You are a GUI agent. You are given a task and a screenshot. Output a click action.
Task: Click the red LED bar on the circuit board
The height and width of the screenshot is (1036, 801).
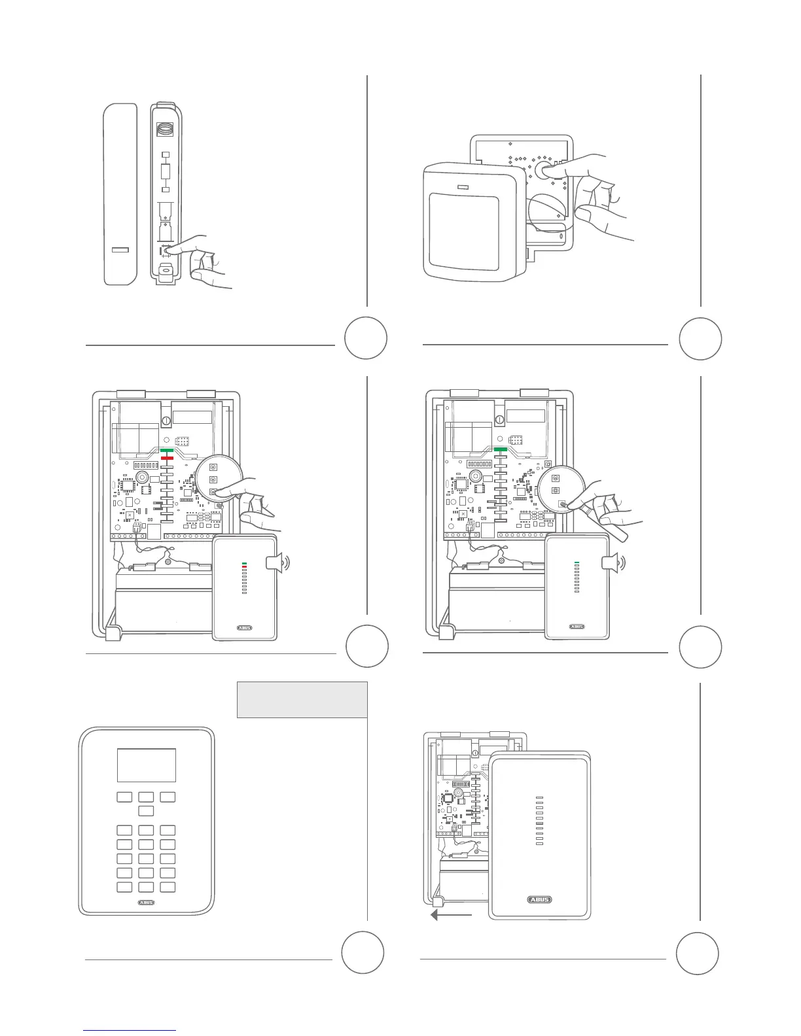coord(166,458)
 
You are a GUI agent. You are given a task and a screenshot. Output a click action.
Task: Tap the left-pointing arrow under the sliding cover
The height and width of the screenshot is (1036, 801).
coord(450,915)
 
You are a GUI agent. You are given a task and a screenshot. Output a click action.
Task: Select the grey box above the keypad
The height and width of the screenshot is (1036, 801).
coord(302,699)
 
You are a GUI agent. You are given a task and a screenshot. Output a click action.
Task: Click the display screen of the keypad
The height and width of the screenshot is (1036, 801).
coord(146,765)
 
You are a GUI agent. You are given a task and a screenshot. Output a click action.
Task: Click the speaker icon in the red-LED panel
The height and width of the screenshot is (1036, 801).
coord(277,562)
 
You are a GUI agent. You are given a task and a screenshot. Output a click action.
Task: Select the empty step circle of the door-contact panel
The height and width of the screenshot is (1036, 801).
coord(366,338)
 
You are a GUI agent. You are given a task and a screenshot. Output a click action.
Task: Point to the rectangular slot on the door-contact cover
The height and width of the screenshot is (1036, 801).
coord(120,250)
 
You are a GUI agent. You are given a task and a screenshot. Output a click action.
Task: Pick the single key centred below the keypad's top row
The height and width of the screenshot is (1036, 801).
coord(146,811)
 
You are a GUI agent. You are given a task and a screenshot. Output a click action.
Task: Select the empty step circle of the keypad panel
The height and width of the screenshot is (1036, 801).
coord(363,953)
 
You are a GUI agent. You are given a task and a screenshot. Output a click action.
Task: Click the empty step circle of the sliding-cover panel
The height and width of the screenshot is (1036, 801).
coord(697,953)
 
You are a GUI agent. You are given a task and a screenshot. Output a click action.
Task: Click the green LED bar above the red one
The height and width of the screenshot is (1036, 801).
coord(166,451)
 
